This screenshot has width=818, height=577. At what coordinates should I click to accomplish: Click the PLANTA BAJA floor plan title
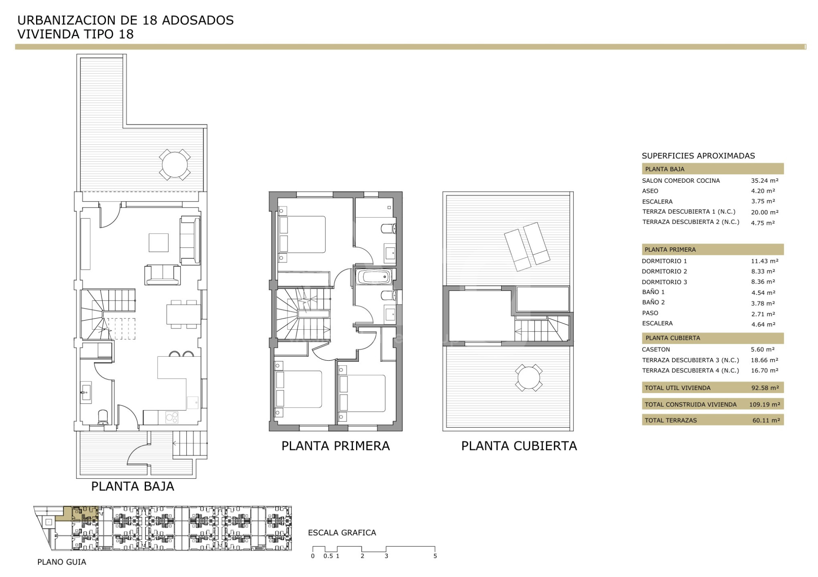coord(133,486)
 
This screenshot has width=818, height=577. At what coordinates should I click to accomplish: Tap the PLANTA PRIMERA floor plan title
coord(336,446)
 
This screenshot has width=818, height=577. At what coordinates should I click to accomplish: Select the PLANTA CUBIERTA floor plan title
coord(519,446)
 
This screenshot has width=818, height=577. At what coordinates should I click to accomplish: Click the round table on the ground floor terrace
coord(175,164)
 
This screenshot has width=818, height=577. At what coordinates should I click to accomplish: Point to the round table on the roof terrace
coord(528,377)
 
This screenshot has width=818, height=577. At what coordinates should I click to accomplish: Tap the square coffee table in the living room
coord(158,242)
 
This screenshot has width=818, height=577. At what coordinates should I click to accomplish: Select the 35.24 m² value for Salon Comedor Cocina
coord(764,180)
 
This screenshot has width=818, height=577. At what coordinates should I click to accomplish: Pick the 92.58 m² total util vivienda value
coord(765,388)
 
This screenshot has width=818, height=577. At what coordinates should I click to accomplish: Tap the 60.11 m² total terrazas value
coord(766,420)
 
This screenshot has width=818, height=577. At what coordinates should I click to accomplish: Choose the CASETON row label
coord(656,349)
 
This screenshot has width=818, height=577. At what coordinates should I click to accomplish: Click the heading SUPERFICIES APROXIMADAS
coord(698,156)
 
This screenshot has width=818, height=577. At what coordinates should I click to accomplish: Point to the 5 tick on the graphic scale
coord(435,556)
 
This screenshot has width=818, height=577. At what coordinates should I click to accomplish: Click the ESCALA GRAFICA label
coord(342,533)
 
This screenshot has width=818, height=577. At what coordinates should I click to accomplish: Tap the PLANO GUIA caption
coord(62,562)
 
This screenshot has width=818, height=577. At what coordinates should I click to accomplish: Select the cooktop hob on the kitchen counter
coord(172,417)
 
